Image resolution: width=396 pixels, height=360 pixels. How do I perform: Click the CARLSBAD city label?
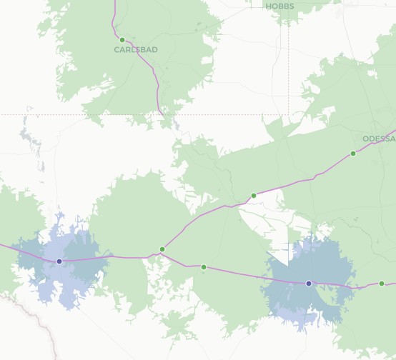(136, 50)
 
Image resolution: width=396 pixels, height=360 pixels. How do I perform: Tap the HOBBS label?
(279, 6)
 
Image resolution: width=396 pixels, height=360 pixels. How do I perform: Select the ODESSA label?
(378, 139)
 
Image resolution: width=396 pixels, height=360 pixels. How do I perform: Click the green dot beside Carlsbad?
(122, 40)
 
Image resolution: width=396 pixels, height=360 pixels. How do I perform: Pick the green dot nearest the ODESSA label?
(353, 154)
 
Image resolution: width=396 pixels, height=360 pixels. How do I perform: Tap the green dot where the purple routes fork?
(162, 249)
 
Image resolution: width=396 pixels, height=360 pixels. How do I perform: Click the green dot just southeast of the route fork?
(204, 267)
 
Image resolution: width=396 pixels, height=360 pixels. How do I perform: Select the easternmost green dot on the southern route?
(382, 284)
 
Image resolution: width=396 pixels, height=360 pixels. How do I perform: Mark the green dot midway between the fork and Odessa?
(253, 196)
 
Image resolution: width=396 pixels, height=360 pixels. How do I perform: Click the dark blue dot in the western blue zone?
(59, 261)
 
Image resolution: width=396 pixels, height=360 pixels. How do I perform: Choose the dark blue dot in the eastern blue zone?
(309, 284)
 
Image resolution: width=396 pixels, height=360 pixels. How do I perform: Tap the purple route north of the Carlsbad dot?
(114, 18)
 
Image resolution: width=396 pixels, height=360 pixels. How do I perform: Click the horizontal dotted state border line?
(71, 114)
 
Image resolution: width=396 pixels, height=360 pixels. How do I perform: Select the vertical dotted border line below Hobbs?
(289, 71)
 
